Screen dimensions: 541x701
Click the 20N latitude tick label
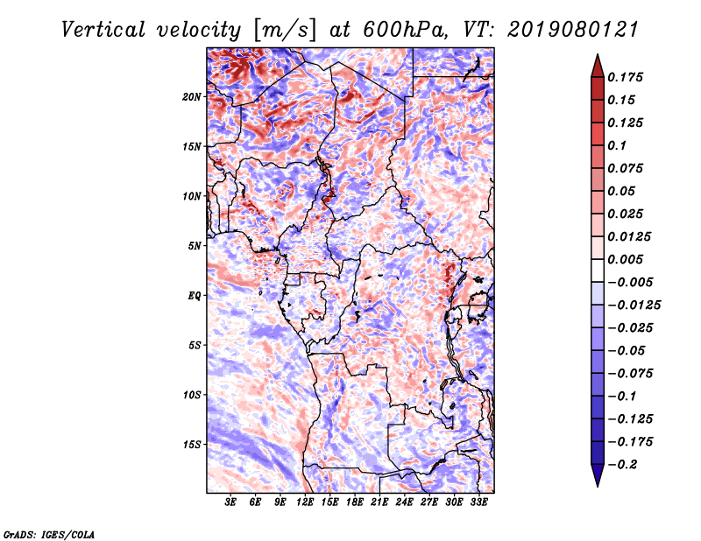192,96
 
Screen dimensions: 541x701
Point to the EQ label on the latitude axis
194,295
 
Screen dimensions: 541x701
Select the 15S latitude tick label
192,445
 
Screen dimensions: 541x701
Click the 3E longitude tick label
231,502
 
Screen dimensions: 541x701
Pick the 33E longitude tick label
479,502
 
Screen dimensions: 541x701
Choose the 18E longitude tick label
355,502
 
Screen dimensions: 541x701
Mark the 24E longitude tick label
405,502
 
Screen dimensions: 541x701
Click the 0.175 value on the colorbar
627,77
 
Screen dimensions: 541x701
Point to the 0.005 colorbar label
627,260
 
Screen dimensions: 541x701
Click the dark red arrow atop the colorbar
596,64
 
